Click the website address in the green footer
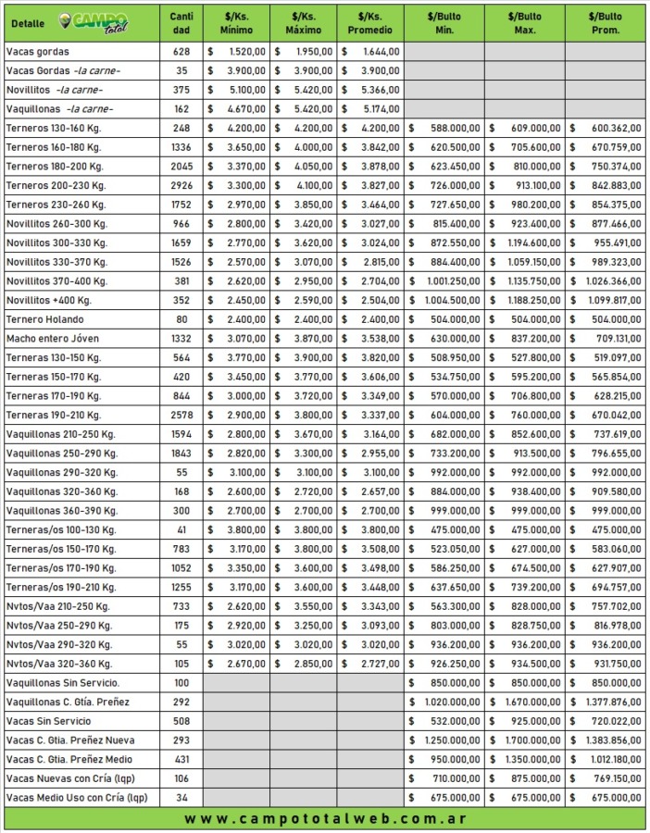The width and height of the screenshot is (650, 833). [325, 819]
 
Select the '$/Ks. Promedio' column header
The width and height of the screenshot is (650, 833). [369, 22]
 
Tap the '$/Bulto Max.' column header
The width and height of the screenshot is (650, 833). [525, 22]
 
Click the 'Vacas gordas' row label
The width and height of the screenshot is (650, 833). [37, 52]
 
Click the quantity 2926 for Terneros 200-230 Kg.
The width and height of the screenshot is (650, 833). [181, 185]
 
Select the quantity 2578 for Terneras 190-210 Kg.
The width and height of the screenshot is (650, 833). [181, 415]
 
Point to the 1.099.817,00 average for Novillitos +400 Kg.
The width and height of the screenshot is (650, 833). [608, 300]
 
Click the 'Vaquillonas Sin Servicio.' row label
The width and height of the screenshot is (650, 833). [62, 683]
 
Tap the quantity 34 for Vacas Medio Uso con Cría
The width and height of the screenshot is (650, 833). [181, 798]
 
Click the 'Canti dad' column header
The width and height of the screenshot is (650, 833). [181, 22]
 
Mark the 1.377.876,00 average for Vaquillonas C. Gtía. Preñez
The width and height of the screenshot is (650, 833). [608, 702]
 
